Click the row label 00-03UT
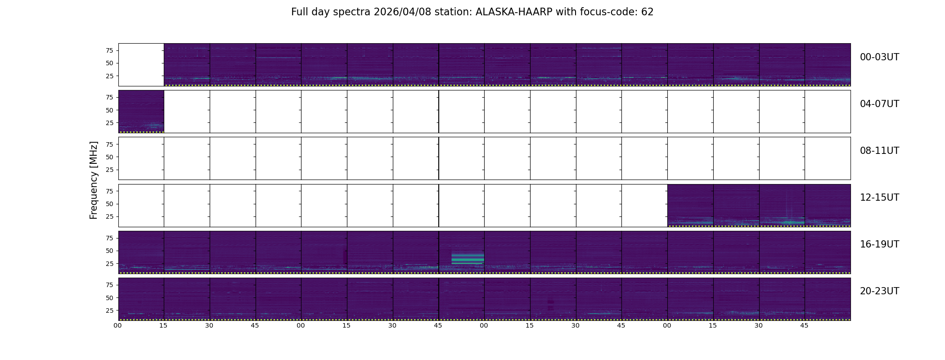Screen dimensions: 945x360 pyautogui.click(x=879, y=57)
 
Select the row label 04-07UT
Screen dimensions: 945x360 pyautogui.click(x=879, y=104)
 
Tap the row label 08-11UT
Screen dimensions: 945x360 pyautogui.click(x=879, y=151)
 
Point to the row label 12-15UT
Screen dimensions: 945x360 pyautogui.click(x=879, y=198)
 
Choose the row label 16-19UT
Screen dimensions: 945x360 pyautogui.click(x=879, y=244)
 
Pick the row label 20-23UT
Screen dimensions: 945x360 pyautogui.click(x=879, y=291)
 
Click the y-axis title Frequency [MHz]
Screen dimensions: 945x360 pyautogui.click(x=94, y=180)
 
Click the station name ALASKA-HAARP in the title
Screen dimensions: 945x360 pyautogui.click(x=514, y=12)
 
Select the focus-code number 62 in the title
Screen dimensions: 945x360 pyautogui.click(x=648, y=12)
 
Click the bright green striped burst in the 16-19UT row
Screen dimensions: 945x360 pyautogui.click(x=468, y=258)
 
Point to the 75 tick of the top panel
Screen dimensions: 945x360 pyautogui.click(x=109, y=50)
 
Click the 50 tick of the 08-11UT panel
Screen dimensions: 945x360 pyautogui.click(x=109, y=157)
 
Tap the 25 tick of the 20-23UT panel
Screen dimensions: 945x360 pyautogui.click(x=109, y=310)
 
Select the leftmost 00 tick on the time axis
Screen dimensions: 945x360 pyautogui.click(x=118, y=325)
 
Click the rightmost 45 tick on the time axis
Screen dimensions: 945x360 pyautogui.click(x=804, y=325)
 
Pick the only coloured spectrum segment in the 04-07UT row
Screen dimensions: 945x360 pyautogui.click(x=141, y=112)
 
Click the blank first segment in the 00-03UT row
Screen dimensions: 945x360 pyautogui.click(x=141, y=65)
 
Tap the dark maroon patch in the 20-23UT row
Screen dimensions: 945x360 pyautogui.click(x=551, y=305)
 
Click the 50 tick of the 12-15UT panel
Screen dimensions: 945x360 pyautogui.click(x=109, y=204)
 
